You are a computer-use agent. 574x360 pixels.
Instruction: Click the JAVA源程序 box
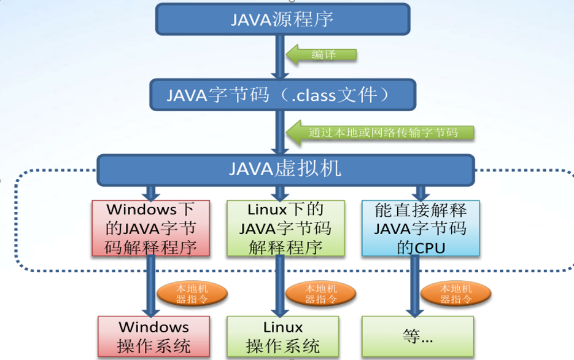click(x=282, y=19)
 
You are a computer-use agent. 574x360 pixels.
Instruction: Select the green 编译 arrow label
click(x=322, y=54)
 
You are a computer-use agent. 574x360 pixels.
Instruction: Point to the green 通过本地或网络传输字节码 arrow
click(x=381, y=132)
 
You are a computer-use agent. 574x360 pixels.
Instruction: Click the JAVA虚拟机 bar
click(x=285, y=168)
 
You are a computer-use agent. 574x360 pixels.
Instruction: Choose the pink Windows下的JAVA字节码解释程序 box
click(x=150, y=228)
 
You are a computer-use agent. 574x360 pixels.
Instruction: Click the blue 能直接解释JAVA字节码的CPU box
click(x=421, y=228)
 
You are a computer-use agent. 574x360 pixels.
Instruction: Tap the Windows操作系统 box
click(x=153, y=336)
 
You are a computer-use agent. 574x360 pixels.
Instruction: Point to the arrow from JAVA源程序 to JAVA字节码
click(x=280, y=57)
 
